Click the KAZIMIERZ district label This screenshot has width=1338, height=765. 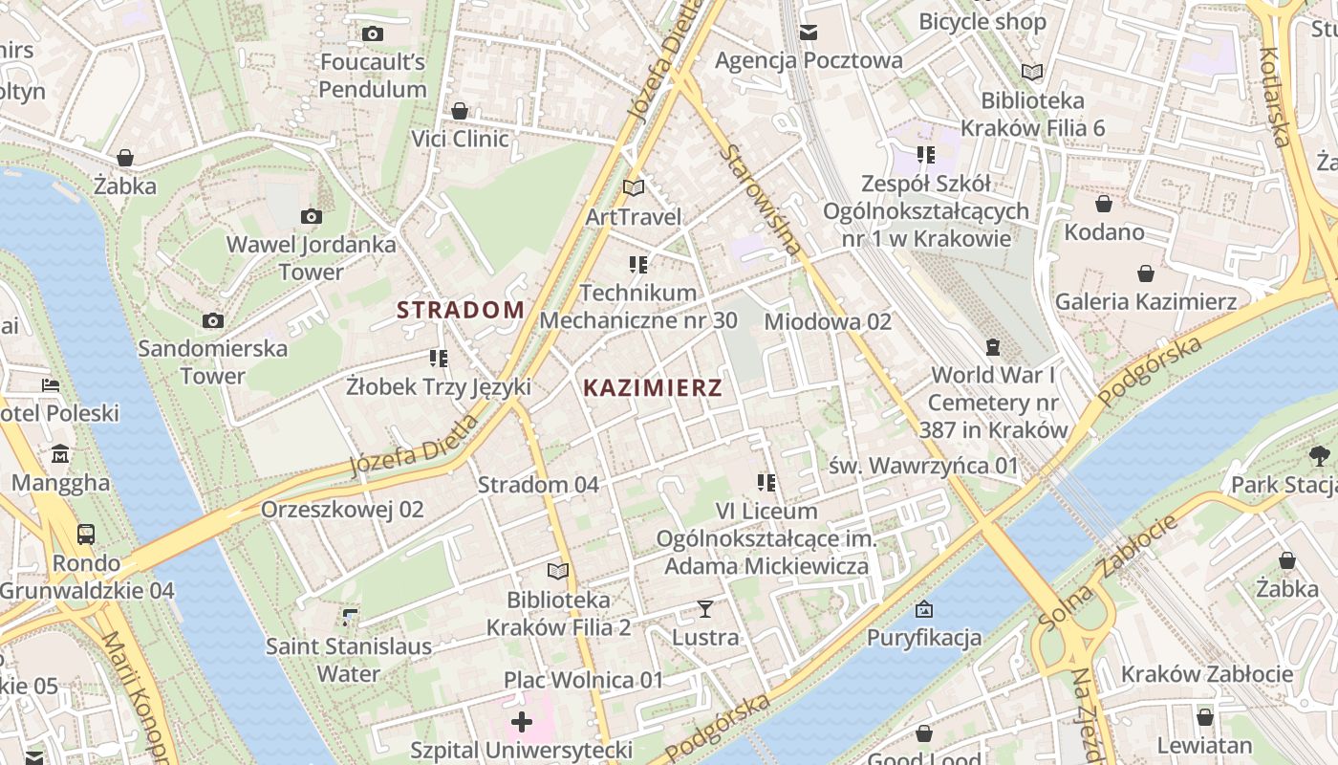[653, 388]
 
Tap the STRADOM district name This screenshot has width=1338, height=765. [461, 310]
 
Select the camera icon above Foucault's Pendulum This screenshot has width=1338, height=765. [373, 34]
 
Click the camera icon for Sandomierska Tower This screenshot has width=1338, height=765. [212, 321]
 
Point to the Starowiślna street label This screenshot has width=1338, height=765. [762, 199]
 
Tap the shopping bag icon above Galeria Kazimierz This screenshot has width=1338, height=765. [1146, 274]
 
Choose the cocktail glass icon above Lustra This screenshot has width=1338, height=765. [705, 609]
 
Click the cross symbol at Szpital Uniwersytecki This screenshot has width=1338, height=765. [522, 721]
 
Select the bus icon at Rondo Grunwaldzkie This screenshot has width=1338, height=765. [86, 534]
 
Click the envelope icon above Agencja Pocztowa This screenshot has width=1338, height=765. [809, 33]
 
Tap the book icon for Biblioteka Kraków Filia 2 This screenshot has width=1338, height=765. [558, 571]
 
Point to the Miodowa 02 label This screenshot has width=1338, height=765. [828, 321]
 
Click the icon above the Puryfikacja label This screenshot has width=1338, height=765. [924, 609]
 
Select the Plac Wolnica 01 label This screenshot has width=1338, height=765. [584, 680]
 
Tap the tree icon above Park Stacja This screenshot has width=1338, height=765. [1320, 455]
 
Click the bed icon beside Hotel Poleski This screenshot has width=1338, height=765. [51, 385]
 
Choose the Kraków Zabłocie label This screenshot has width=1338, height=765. [1206, 674]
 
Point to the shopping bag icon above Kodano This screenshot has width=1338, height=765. [1104, 204]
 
